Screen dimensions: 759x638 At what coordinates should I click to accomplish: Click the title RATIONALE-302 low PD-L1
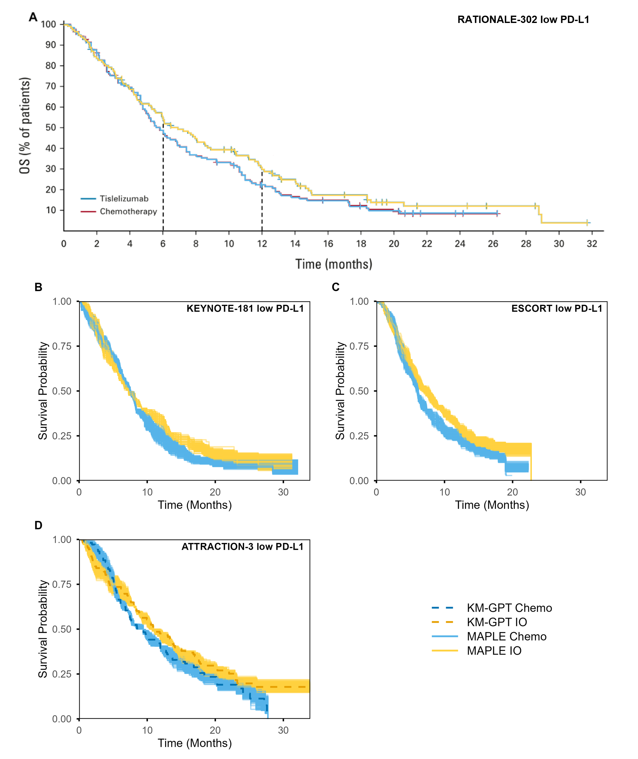point(523,19)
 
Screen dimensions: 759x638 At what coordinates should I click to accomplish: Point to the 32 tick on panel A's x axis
point(592,244)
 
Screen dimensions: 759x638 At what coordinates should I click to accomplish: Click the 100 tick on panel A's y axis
point(48,24)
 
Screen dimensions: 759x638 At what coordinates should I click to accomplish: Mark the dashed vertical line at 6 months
point(163,181)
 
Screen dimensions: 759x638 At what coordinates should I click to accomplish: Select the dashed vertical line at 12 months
point(262,203)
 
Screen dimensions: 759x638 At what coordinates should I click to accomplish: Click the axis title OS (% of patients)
point(25,125)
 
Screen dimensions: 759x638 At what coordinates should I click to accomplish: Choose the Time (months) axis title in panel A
point(333,264)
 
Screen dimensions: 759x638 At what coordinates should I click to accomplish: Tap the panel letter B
point(38,287)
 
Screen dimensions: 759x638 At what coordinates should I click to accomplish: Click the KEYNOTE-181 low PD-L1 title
point(245,309)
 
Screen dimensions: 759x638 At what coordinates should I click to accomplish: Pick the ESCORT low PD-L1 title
point(557,309)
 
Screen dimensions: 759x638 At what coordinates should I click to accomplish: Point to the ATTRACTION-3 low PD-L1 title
point(242,547)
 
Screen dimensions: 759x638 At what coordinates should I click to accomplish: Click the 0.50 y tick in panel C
point(359,391)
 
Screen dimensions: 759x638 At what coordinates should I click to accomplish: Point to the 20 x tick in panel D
point(215,730)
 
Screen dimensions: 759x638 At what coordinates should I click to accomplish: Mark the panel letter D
point(38,525)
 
